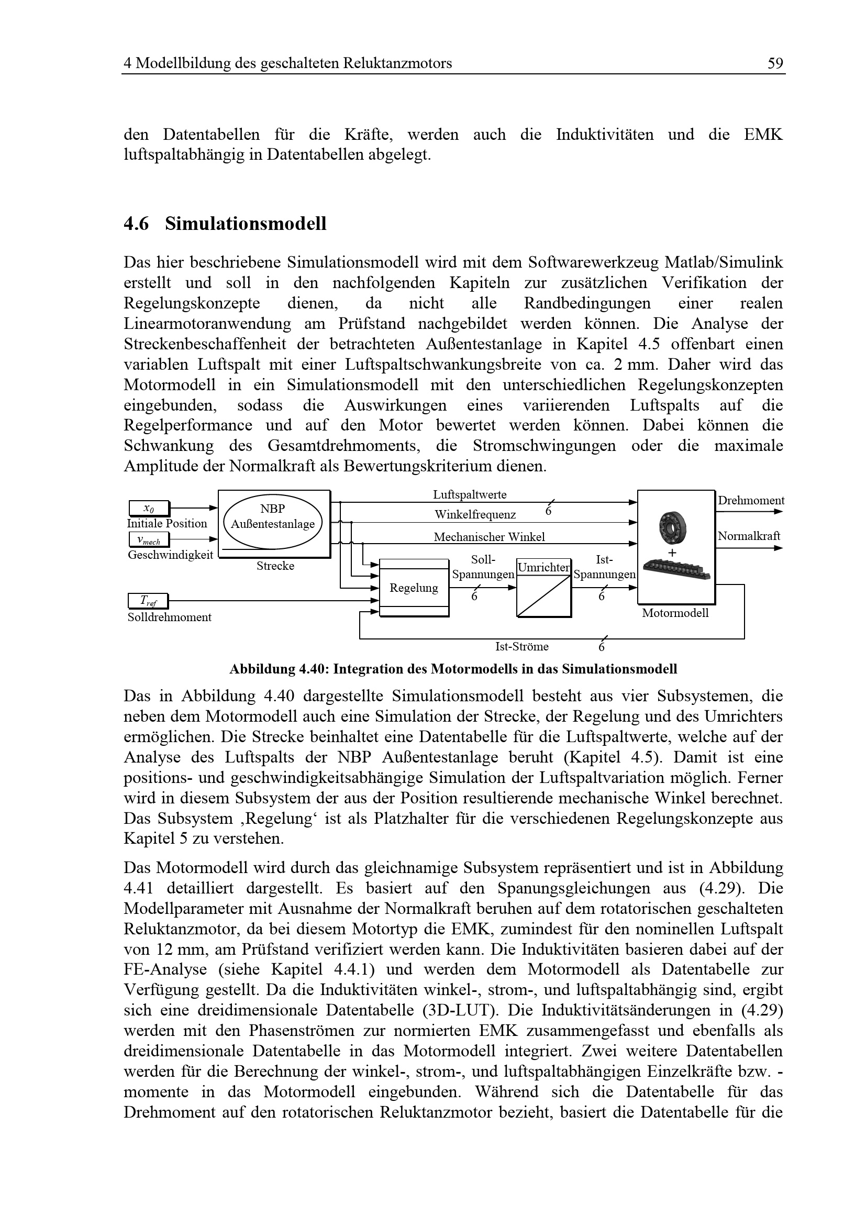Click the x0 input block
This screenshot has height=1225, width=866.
tap(149, 509)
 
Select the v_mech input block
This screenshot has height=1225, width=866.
tap(149, 540)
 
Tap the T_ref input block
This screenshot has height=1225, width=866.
tap(148, 601)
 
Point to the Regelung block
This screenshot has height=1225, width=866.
tap(414, 588)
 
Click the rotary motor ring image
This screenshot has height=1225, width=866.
tap(672, 528)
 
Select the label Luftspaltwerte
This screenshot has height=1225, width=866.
tap(470, 494)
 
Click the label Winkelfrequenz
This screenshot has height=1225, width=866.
tap(475, 515)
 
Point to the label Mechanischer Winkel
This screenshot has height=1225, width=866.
tap(489, 537)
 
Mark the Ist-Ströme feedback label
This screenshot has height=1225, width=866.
tap(521, 647)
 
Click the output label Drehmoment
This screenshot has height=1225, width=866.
tap(751, 501)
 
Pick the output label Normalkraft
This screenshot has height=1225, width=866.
tap(749, 536)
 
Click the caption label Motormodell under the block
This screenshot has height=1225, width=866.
tap(675, 613)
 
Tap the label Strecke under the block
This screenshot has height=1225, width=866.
tap(275, 566)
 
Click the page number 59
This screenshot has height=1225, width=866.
tap(775, 63)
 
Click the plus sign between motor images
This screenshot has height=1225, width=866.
tap(672, 553)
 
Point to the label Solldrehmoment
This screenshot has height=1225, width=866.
tap(170, 617)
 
